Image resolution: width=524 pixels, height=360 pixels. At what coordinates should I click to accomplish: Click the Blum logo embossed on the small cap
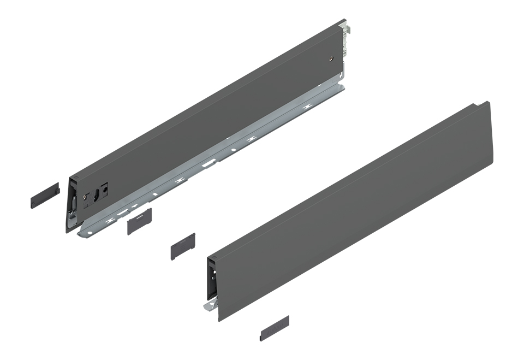coord(140,217)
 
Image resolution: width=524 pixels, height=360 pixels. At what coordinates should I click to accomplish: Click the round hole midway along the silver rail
coord(233,149)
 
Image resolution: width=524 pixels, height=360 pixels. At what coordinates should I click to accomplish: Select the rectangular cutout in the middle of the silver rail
coord(209,163)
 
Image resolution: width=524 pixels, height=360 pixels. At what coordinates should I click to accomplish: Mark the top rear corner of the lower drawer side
coord(489,102)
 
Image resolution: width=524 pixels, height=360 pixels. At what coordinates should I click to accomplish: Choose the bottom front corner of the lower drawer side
coord(220,321)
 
